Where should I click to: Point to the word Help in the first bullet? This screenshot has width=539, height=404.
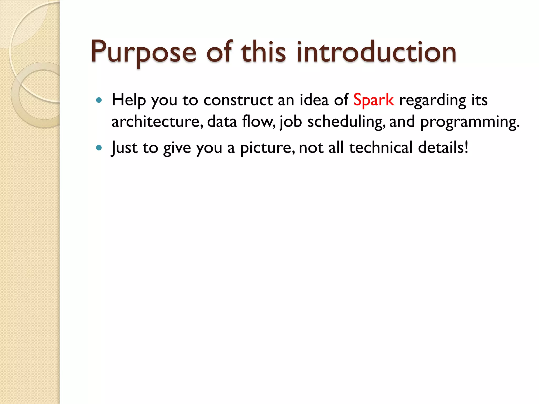pyautogui.click(x=128, y=100)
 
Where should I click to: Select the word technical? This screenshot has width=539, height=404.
pyautogui.click(x=381, y=148)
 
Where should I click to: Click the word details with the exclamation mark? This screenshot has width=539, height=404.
pyautogui.click(x=443, y=148)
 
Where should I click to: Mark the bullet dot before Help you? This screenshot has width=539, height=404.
pyautogui.click(x=99, y=100)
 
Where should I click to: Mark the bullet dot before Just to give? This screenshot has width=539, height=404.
pyautogui.click(x=99, y=148)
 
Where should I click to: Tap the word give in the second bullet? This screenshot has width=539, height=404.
pyautogui.click(x=177, y=148)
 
